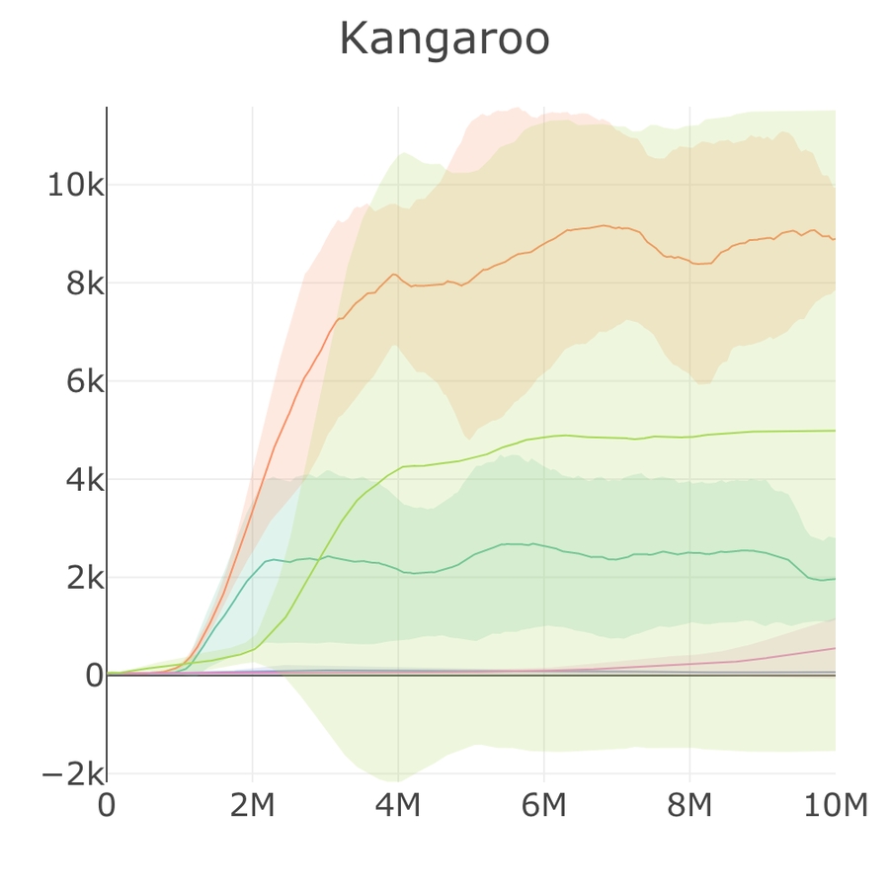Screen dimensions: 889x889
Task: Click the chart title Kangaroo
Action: coord(444,40)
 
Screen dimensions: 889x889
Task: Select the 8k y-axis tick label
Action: coord(79,283)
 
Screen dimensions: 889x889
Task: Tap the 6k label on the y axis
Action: coord(79,381)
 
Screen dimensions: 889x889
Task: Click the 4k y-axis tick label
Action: coord(79,480)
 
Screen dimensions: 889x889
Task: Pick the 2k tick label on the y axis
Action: coord(79,578)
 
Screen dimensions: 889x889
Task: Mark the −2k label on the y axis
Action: coord(71,773)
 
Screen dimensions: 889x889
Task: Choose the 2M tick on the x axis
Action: coord(252,806)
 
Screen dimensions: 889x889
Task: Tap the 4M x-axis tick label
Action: coord(398,806)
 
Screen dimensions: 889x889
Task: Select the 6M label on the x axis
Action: coord(543,806)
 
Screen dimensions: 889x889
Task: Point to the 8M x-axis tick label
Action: coord(689,806)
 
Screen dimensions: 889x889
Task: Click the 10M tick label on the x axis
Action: coord(835,806)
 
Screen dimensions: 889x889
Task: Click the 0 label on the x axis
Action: coord(107,806)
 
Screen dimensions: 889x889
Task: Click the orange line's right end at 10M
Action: coord(835,239)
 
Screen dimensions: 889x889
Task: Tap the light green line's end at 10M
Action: coord(835,431)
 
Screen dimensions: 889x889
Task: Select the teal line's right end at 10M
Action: coord(835,579)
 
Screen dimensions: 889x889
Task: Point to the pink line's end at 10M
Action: coord(835,648)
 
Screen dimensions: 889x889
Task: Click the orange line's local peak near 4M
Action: coord(394,274)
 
